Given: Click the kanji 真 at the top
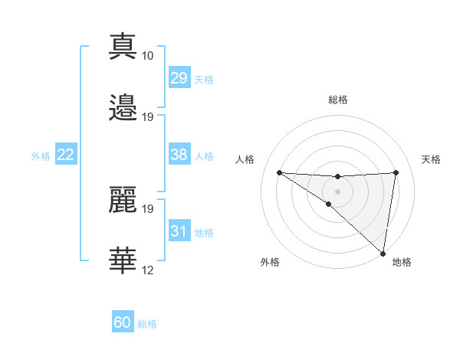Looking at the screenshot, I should [x=123, y=46].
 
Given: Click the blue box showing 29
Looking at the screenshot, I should [x=179, y=78].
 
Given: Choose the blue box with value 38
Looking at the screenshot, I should [x=179, y=155].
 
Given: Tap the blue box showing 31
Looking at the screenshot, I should [x=179, y=231].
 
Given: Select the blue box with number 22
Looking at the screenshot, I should [x=66, y=155].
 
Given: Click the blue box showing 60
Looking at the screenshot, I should [x=123, y=322].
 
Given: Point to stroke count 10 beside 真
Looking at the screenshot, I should [x=148, y=56].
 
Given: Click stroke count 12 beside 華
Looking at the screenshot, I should [x=148, y=270].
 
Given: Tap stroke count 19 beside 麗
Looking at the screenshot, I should [x=148, y=208].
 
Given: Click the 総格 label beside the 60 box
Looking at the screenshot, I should [x=147, y=324].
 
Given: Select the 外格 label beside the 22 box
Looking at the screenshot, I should [x=41, y=155].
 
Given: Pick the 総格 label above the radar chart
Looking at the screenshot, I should [x=338, y=100].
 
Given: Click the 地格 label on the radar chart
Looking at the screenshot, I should [x=402, y=263].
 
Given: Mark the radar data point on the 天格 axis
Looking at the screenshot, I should [x=396, y=172].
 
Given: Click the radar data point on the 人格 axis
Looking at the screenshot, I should [x=279, y=172].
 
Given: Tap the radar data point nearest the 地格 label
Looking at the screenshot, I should [x=383, y=254].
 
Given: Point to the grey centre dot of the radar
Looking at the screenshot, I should [x=338, y=191].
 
